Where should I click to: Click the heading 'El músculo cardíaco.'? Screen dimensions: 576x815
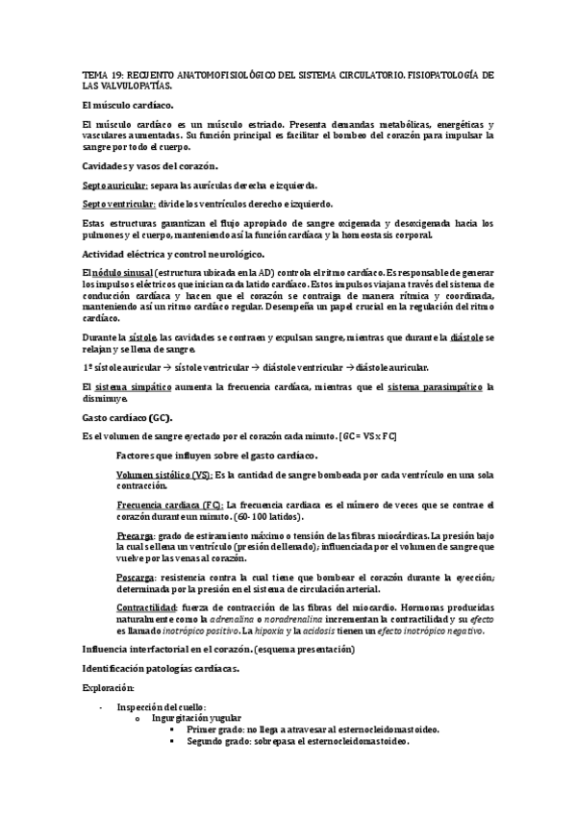click(x=128, y=104)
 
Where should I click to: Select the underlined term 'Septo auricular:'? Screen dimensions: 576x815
click(x=114, y=185)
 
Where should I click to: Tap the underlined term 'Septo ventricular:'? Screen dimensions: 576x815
click(x=117, y=203)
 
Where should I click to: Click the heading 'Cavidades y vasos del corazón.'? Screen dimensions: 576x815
click(x=150, y=166)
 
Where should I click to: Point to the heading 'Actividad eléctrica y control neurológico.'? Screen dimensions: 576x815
click(x=172, y=254)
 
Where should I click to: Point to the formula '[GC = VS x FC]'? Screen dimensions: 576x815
click(x=367, y=436)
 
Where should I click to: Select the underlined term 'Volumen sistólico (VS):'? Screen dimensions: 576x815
click(x=163, y=475)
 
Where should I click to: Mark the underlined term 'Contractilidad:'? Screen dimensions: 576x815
click(x=146, y=608)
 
